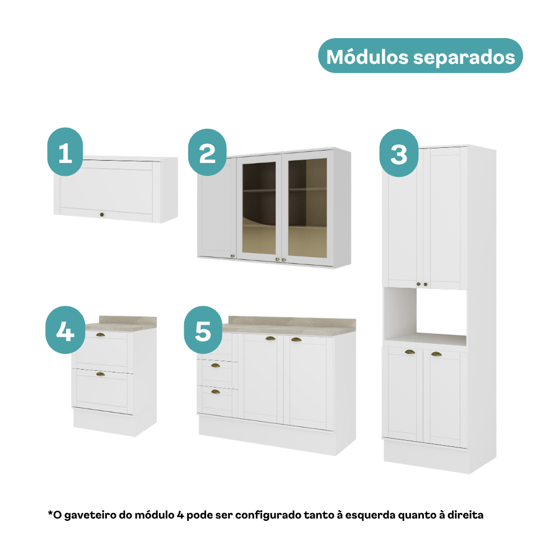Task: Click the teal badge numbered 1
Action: point(65,152)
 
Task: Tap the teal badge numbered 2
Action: point(207,152)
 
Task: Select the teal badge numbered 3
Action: point(399,153)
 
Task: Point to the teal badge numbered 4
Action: point(66,330)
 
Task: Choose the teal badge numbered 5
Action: point(203,330)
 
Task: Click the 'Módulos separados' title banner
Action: point(421,56)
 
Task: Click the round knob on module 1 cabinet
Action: point(102,214)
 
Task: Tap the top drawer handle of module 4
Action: point(100,335)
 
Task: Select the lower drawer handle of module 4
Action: point(101,374)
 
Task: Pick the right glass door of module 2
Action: point(307,208)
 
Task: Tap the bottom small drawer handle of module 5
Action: point(216,392)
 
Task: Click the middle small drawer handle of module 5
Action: point(216,365)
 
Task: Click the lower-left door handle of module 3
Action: point(410,352)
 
